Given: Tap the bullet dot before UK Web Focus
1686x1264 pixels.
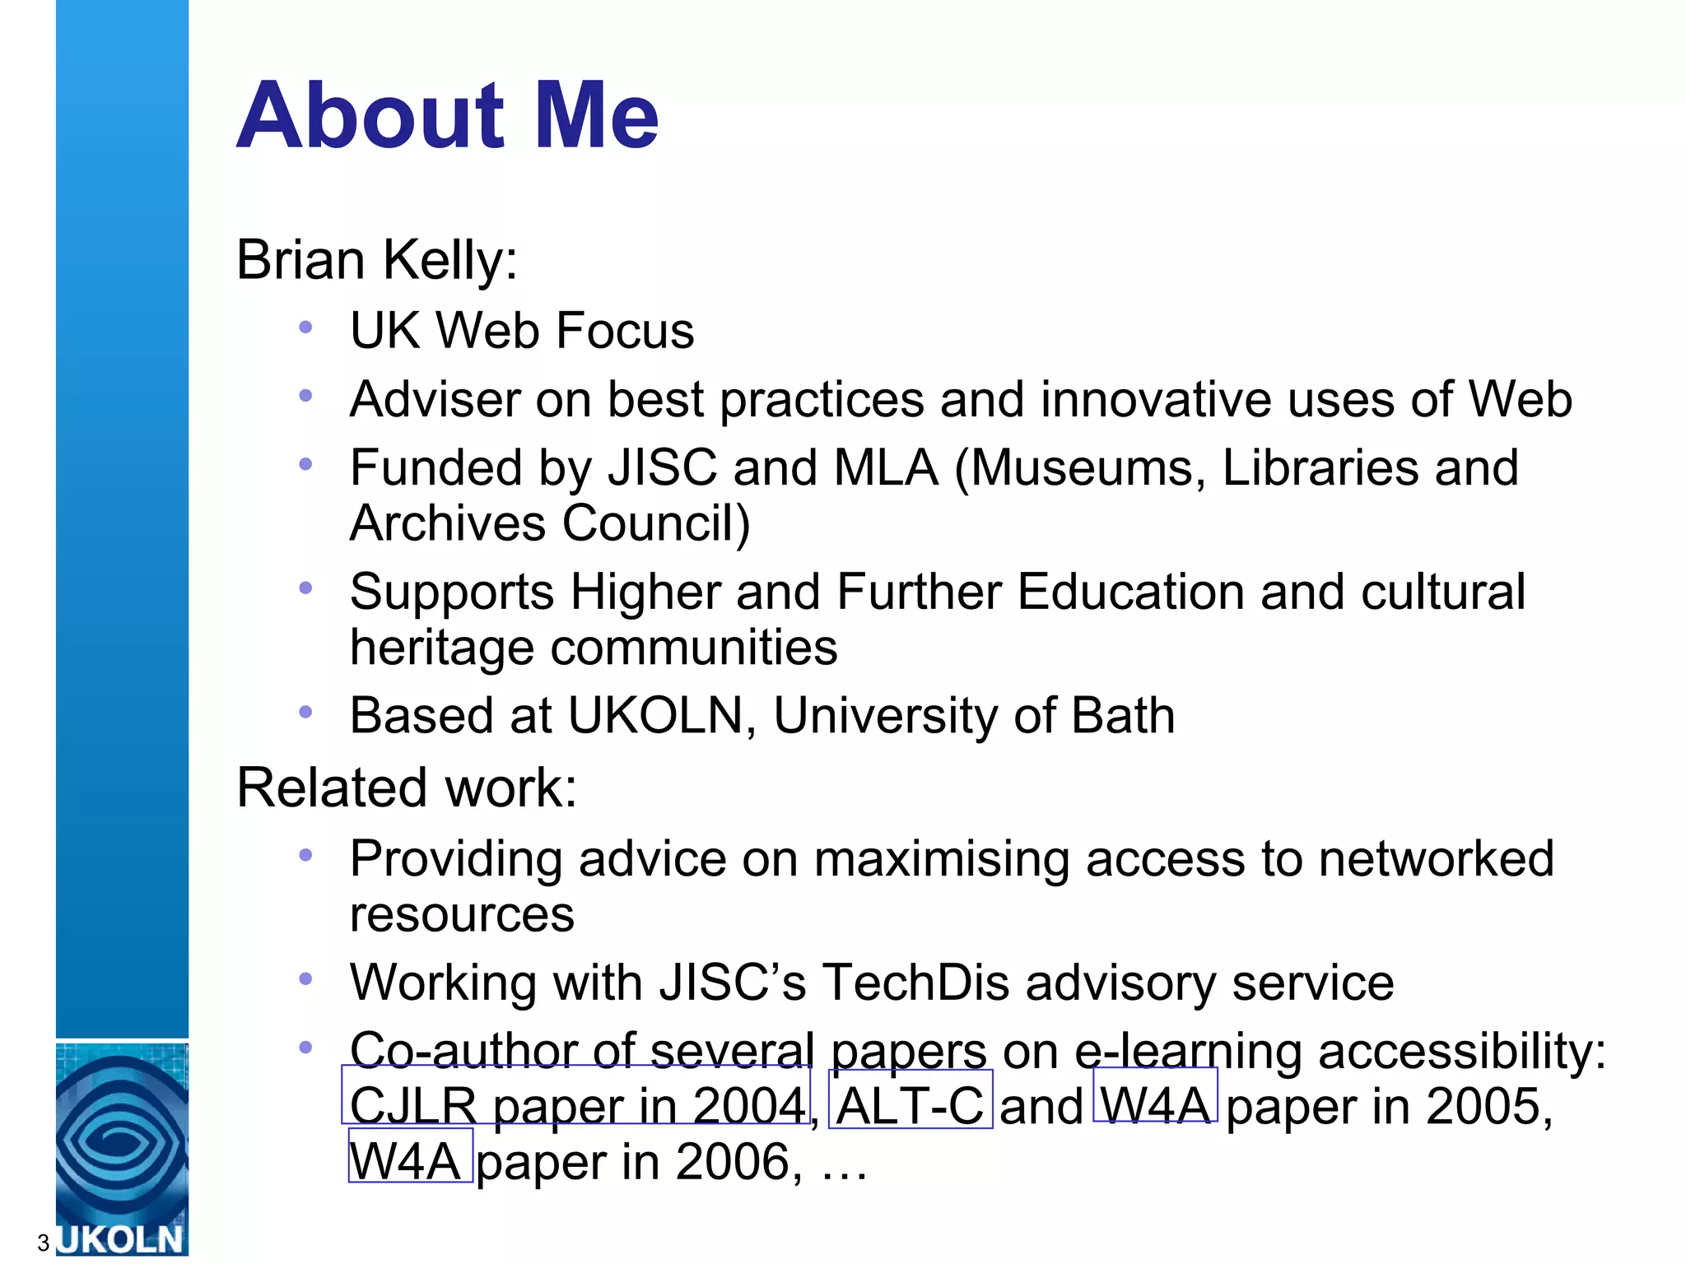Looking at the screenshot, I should click(305, 328).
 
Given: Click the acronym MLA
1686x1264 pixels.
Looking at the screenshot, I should click(886, 468).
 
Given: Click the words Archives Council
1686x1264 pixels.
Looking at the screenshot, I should click(549, 523).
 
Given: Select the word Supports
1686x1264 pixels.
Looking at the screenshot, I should click(452, 592).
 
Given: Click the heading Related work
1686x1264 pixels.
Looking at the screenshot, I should click(407, 788).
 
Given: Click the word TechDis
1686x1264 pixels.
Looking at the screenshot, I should click(915, 983).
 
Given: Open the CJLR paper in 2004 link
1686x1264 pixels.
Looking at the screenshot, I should click(576, 1105).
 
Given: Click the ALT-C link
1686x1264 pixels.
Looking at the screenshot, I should click(910, 1105).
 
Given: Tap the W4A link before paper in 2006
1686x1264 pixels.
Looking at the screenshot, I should click(410, 1161).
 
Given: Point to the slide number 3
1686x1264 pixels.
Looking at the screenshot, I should click(44, 1243).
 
